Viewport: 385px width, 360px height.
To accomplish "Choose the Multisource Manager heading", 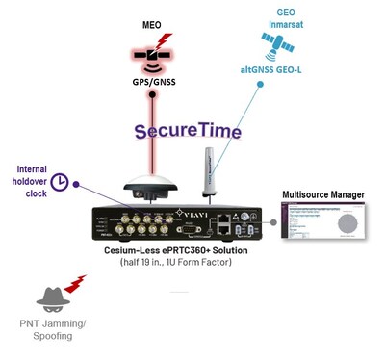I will [323, 195].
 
